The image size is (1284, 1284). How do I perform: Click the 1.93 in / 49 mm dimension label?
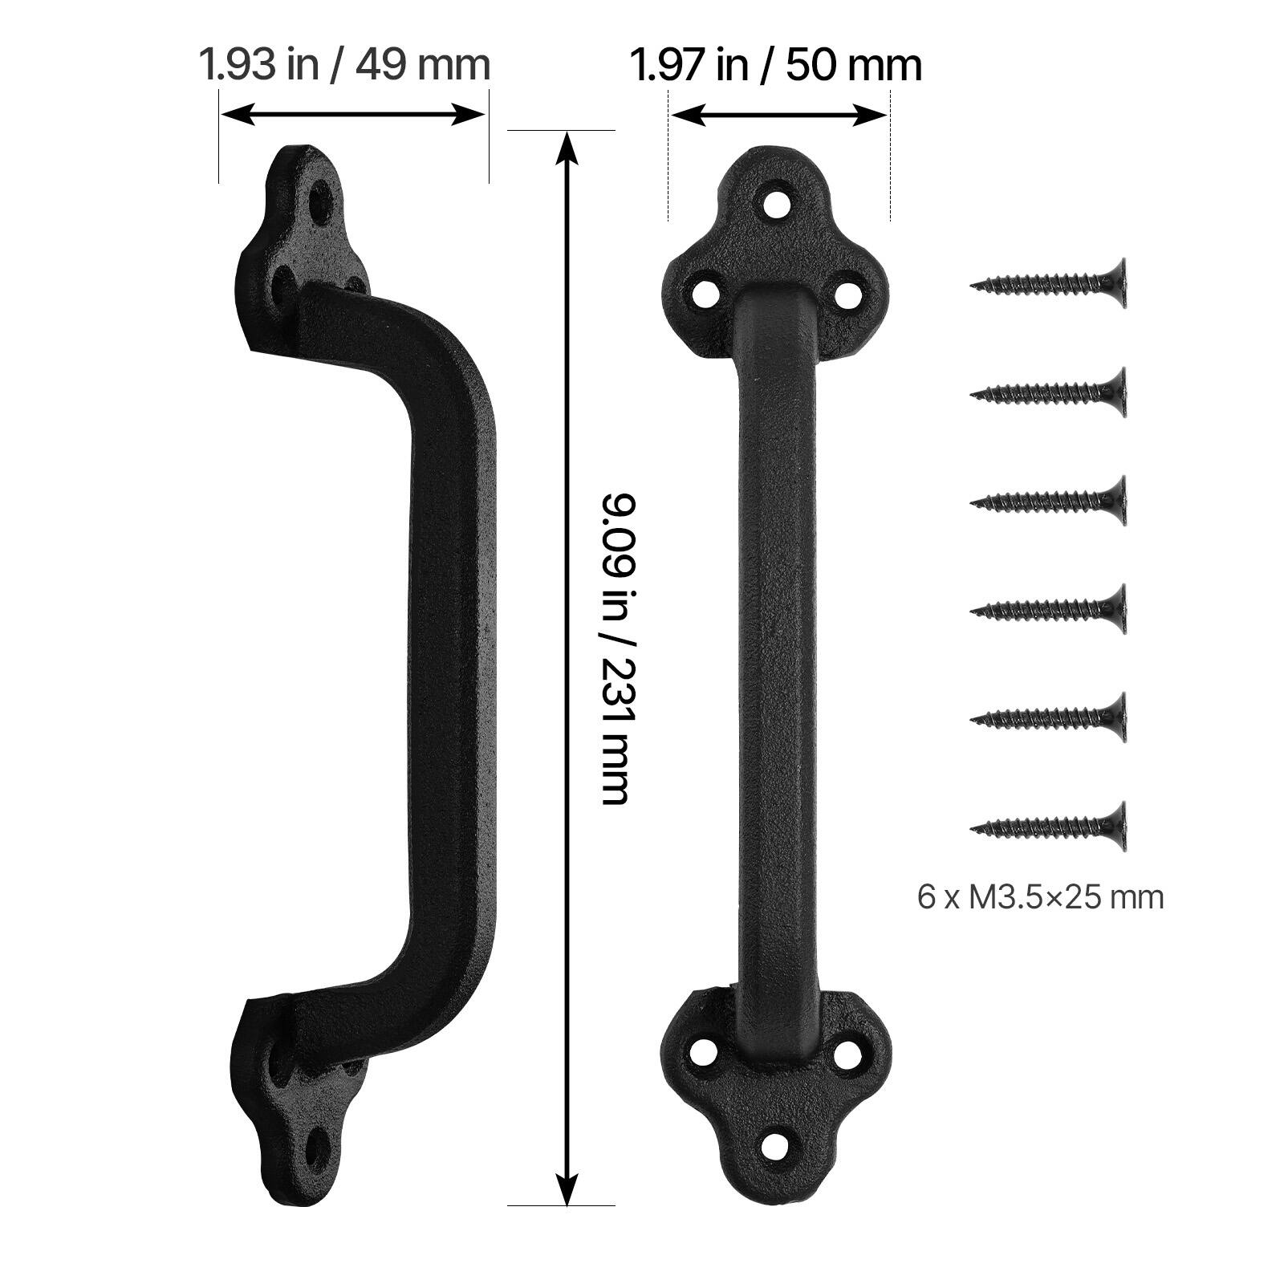tap(344, 64)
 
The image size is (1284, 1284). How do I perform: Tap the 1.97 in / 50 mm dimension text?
tap(775, 64)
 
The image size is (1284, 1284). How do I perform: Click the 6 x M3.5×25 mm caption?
tap(1040, 896)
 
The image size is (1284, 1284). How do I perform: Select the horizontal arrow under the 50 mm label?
tap(778, 115)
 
